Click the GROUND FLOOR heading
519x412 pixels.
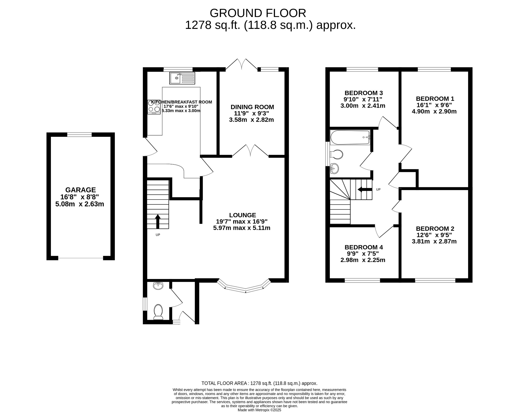258,13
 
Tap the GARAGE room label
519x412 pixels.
81,190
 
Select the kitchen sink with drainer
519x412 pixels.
182,78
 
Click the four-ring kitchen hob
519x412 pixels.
154,107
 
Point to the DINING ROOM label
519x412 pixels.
252,107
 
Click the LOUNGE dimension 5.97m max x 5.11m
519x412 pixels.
242,228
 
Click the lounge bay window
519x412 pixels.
245,289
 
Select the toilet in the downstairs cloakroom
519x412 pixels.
158,312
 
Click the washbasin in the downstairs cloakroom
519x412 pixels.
158,286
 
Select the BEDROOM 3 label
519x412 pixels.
363,93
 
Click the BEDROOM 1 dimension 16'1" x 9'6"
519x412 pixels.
434,105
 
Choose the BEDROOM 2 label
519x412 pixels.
435,229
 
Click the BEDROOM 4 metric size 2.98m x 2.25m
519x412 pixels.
363,260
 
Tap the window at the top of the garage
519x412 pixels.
79,135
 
